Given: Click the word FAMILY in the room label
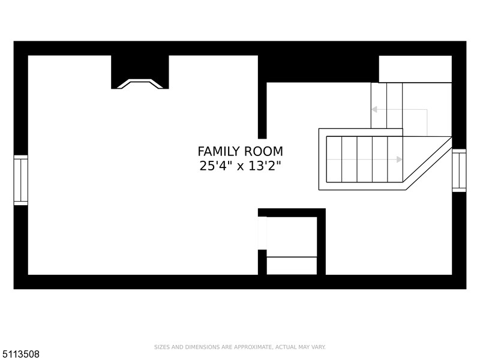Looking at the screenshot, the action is coord(218,152).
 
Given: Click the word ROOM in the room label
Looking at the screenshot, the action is coord(263,152).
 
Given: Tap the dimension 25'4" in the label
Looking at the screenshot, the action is coord(216,166).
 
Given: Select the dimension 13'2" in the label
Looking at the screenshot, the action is coord(265,166).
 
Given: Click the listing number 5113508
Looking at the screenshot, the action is coord(20,354).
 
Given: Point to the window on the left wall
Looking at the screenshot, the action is coord(21,181).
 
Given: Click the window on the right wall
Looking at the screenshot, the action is coord(459,170).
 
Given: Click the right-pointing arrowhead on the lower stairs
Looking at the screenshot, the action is coord(399,160).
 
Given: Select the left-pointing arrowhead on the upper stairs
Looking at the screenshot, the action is coord(374,109).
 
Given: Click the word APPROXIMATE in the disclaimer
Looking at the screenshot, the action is coord(253,347).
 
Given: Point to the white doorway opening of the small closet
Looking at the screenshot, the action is coord(262,233).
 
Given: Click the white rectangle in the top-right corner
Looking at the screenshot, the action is coord(415,69).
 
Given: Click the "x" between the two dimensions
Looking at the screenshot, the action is coord(241,167).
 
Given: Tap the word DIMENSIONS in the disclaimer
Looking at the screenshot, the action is coord(203,347).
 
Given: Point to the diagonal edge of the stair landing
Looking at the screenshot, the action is coord(429,163).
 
